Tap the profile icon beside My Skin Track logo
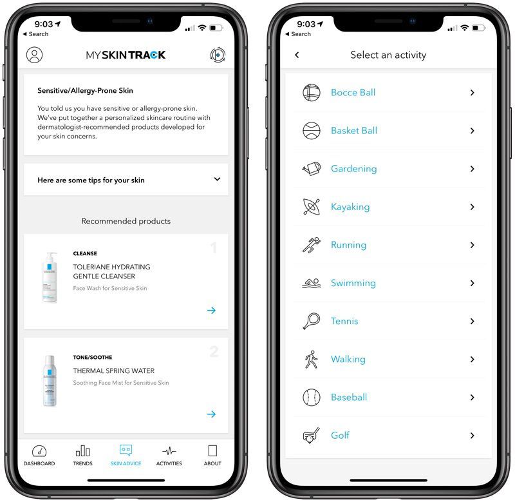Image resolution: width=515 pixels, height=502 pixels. click(x=35, y=55)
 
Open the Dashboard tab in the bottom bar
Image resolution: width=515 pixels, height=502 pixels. click(x=39, y=451)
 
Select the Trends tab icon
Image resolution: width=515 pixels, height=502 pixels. click(x=83, y=451)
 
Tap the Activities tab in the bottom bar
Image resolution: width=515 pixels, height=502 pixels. click(x=169, y=451)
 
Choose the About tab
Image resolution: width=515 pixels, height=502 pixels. click(x=212, y=451)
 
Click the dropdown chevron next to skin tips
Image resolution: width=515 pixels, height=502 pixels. click(x=217, y=180)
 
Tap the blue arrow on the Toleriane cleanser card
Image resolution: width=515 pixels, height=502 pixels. click(x=211, y=311)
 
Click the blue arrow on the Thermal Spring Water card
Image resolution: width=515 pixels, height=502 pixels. click(x=211, y=414)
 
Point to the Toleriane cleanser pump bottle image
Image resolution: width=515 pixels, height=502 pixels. click(x=50, y=278)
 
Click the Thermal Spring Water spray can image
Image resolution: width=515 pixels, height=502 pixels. click(x=50, y=381)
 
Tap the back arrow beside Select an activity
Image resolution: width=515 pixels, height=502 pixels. click(x=297, y=55)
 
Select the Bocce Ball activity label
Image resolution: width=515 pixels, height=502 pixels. click(x=353, y=92)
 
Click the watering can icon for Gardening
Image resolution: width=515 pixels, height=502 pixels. click(x=312, y=169)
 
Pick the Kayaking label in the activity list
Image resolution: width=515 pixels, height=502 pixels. click(x=350, y=207)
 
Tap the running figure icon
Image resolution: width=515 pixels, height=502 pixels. click(x=312, y=245)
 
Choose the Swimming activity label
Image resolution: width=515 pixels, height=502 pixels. click(x=353, y=283)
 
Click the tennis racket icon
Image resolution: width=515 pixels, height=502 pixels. click(x=312, y=321)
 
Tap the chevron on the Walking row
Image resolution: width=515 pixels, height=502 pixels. click(x=472, y=360)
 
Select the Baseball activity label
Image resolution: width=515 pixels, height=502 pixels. click(x=349, y=398)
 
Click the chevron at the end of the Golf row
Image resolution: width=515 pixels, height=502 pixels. click(x=472, y=436)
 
